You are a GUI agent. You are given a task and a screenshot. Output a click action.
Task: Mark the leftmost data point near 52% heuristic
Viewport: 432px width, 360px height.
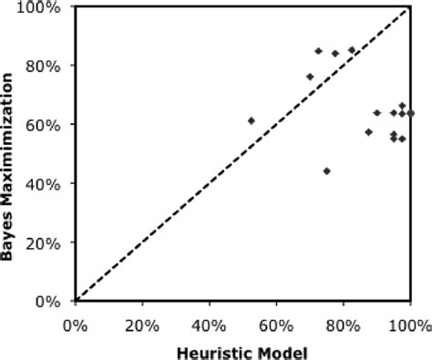pyautogui.click(x=252, y=120)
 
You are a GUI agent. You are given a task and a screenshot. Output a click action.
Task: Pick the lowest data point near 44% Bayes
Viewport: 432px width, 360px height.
pyautogui.click(x=326, y=170)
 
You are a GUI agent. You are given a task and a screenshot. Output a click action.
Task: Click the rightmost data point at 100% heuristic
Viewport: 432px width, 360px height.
pyautogui.click(x=410, y=113)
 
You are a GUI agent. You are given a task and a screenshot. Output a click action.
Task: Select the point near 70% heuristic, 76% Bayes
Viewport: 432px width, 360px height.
pyautogui.click(x=310, y=77)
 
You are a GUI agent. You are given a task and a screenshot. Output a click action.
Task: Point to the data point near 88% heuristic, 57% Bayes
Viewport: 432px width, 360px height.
pyautogui.click(x=368, y=132)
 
